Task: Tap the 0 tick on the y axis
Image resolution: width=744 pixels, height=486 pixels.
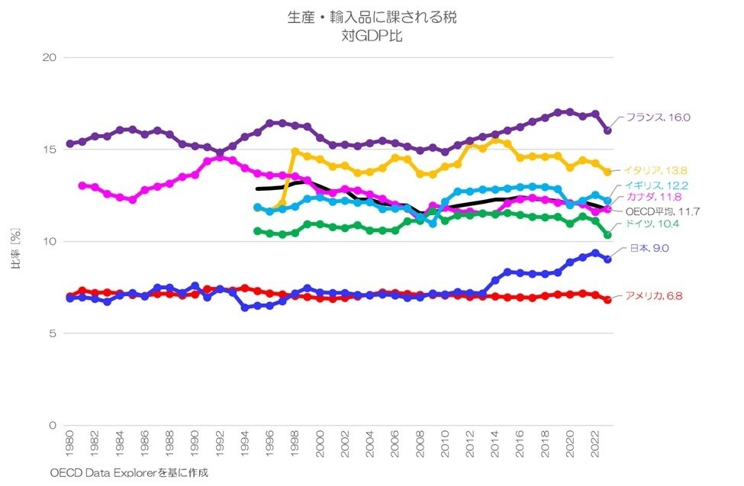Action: (x=53, y=426)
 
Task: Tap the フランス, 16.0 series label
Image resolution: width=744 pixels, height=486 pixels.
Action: (x=657, y=117)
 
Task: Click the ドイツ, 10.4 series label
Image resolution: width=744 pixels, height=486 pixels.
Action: (x=652, y=224)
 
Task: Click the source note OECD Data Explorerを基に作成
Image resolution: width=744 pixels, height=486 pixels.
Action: (x=129, y=472)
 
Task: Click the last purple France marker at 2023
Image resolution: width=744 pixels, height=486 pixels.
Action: (x=607, y=130)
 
